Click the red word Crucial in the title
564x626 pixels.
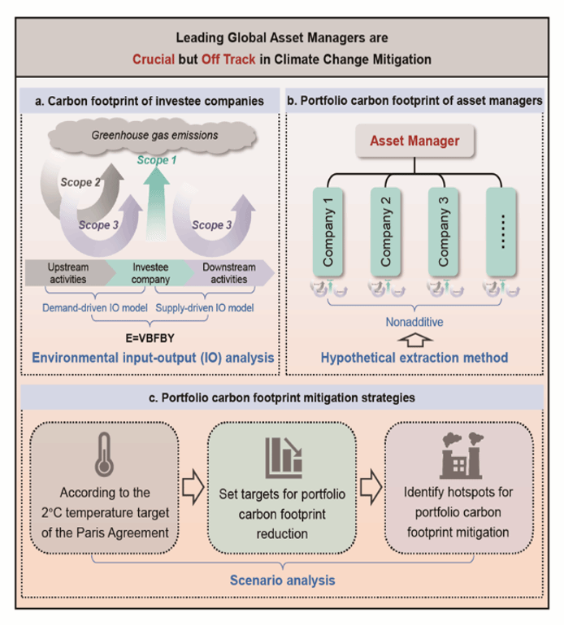point(154,59)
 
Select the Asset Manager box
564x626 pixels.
point(414,141)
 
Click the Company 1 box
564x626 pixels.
point(329,233)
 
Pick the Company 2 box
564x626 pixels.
point(386,233)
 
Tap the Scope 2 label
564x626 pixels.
point(80,182)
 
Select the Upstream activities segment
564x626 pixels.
point(69,272)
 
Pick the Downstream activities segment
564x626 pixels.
point(228,272)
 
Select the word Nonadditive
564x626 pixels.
point(414,321)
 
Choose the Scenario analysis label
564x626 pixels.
point(281,580)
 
